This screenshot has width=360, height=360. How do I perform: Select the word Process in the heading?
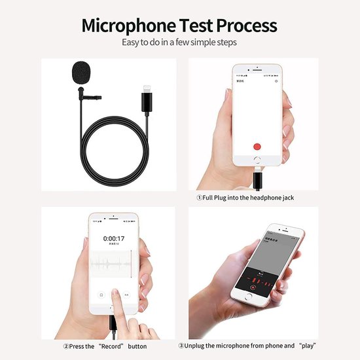coord(249,26)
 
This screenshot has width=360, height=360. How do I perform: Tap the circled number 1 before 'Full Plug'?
coord(200,197)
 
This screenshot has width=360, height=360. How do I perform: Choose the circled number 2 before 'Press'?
coord(67,346)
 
